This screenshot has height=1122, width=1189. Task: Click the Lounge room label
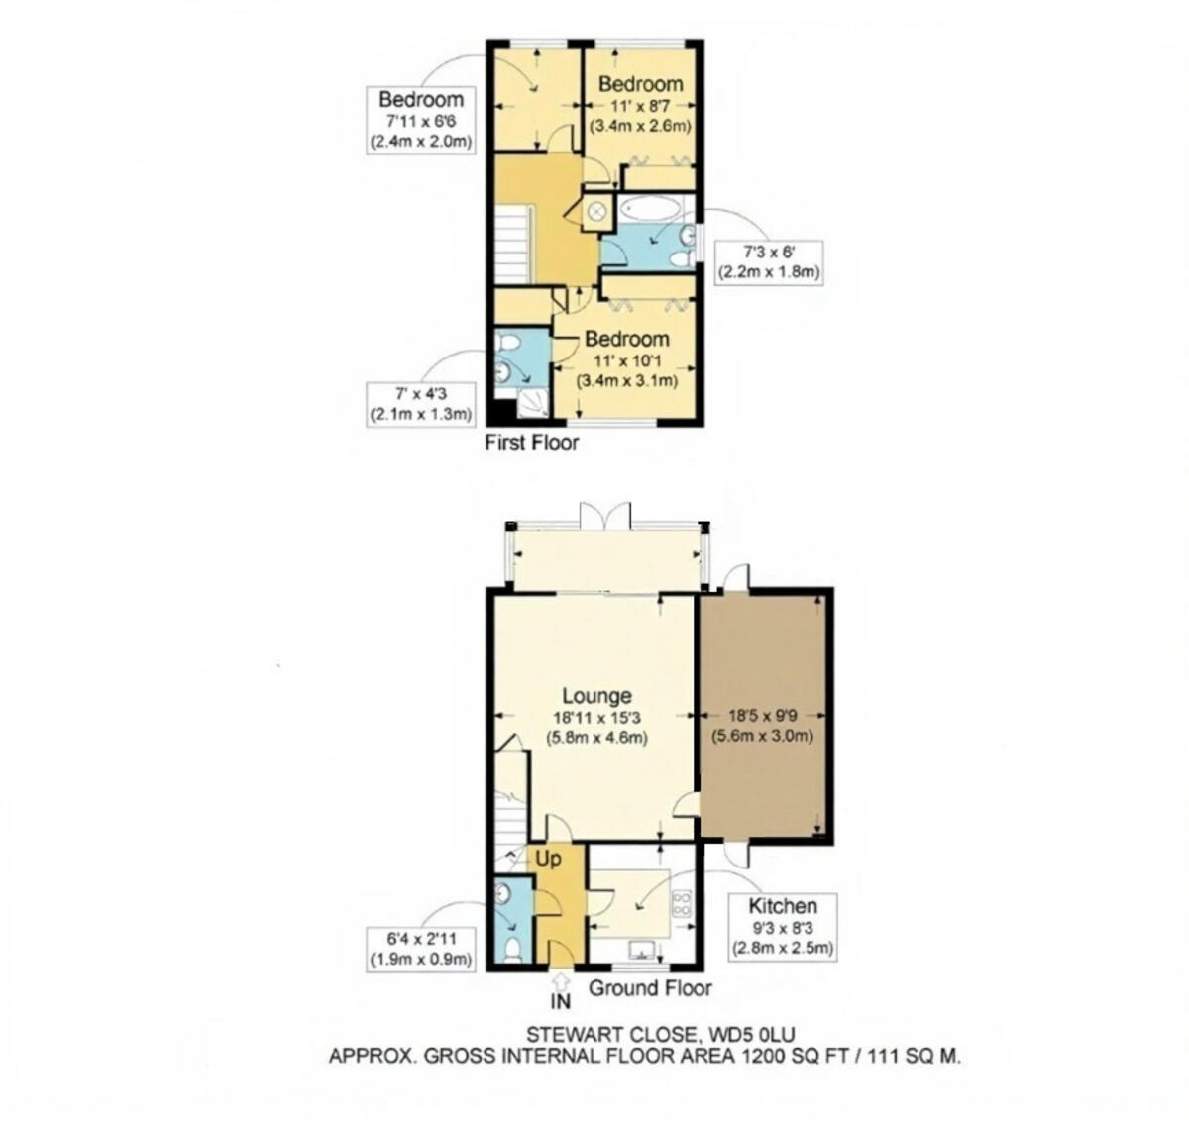(596, 696)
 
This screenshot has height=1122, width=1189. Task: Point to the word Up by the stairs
(548, 857)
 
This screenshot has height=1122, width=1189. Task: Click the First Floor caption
(531, 443)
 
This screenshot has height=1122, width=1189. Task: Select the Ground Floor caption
(650, 988)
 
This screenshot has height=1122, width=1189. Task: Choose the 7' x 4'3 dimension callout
(420, 404)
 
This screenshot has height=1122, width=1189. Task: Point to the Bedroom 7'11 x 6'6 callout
(421, 120)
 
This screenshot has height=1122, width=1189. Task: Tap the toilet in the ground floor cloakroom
(513, 951)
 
